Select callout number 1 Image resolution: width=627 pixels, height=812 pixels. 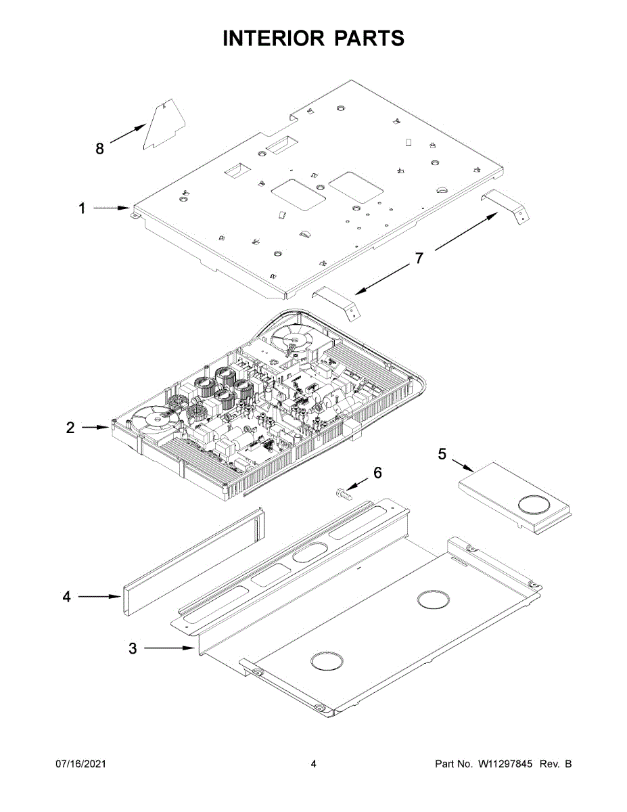82,209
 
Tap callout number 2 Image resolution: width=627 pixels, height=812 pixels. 70,428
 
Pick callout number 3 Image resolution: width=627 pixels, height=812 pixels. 133,649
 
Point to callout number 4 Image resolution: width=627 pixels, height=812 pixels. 66,597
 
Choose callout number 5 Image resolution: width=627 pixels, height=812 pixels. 442,453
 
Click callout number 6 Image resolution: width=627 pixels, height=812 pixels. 377,472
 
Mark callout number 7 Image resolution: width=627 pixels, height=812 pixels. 419,258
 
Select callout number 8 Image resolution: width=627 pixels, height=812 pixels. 99,149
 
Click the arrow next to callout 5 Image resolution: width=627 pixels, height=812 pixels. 463,466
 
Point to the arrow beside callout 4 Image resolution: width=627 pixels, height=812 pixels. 99,597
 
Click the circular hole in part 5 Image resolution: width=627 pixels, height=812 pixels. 535,505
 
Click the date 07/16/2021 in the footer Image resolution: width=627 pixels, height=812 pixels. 80,764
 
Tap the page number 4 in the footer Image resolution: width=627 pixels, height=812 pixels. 313,764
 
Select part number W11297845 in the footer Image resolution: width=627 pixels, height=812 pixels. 507,764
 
